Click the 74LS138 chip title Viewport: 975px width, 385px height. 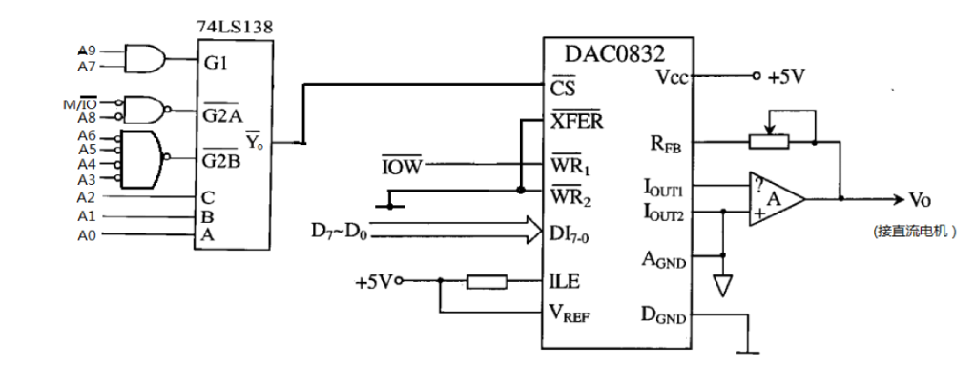tap(234, 27)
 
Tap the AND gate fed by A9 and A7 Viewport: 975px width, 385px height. tap(144, 57)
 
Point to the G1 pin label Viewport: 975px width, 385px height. tap(214, 65)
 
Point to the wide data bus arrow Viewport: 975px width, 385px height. tap(448, 230)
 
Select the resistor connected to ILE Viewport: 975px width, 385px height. tap(487, 281)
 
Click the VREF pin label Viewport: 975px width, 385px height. tap(570, 313)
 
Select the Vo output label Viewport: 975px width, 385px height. tap(920, 200)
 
